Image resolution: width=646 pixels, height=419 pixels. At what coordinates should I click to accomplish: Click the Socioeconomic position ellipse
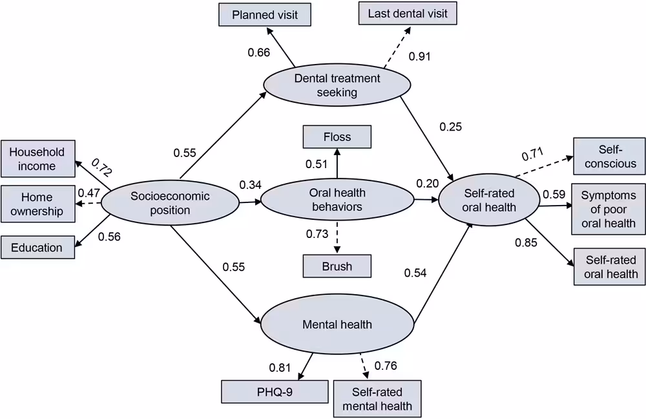tap(170, 203)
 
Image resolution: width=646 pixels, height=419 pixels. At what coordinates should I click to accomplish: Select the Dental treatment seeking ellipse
tap(337, 85)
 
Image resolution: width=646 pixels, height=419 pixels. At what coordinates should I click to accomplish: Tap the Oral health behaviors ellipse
tap(337, 200)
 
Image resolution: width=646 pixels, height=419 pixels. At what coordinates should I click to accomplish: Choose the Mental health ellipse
tap(337, 324)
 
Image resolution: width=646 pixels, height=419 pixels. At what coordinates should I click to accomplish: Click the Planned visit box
tap(265, 14)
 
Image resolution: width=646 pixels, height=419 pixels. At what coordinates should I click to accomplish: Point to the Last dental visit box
tap(408, 14)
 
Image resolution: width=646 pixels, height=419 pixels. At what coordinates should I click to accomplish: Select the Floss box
tap(337, 137)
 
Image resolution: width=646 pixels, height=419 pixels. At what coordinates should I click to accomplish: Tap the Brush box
tap(337, 266)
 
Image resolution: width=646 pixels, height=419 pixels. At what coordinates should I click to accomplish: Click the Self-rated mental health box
tap(377, 399)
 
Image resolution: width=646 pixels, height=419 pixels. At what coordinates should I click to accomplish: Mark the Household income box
tap(37, 159)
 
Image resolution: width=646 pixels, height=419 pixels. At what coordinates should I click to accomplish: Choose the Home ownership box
tap(37, 204)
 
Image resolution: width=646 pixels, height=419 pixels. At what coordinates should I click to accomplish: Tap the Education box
tap(37, 248)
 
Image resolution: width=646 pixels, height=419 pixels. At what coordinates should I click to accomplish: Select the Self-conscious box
tap(609, 156)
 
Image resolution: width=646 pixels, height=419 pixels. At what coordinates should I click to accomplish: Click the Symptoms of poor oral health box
tap(608, 209)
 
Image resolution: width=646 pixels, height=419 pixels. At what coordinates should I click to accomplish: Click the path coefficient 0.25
tap(450, 127)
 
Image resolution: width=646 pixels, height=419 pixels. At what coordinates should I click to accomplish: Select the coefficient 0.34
tap(250, 186)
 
